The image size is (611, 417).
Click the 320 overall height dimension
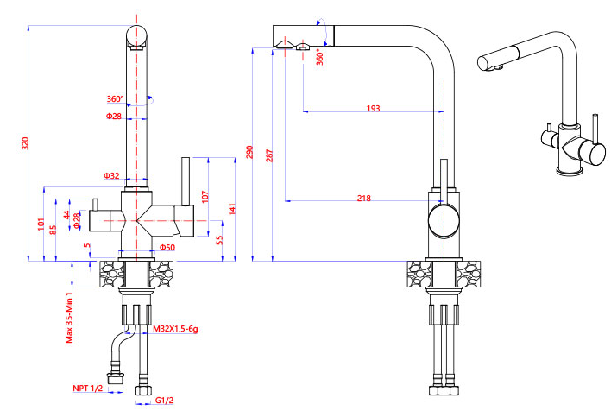click(x=25, y=143)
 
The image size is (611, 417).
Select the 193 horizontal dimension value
click(x=373, y=108)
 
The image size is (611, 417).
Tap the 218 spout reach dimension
click(x=363, y=198)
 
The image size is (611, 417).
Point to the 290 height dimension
click(x=249, y=152)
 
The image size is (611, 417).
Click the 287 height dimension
click(x=269, y=155)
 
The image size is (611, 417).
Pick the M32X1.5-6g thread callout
click(x=175, y=329)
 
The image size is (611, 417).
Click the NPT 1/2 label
click(x=88, y=389)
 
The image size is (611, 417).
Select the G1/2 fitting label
click(x=164, y=401)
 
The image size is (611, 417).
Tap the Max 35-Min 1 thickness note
click(x=69, y=318)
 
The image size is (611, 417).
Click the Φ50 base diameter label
click(x=167, y=247)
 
